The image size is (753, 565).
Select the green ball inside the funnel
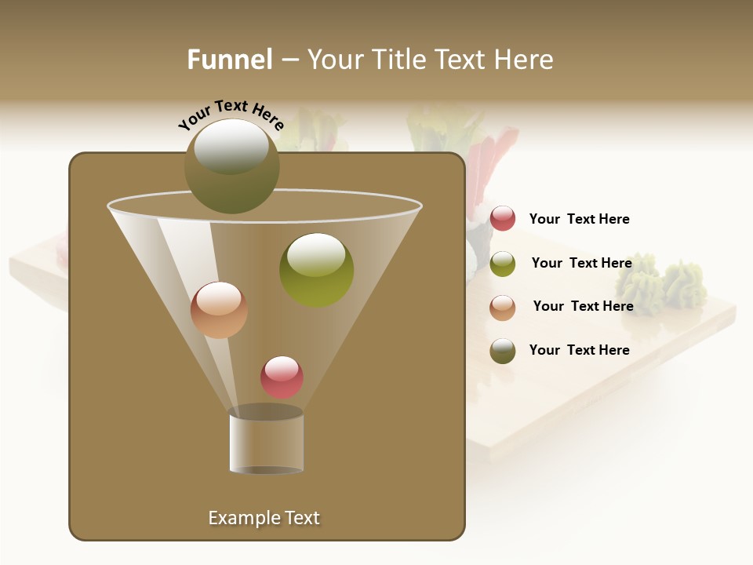pyautogui.click(x=316, y=270)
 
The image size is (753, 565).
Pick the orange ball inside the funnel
pyautogui.click(x=219, y=310)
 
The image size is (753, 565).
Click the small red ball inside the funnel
pyautogui.click(x=282, y=377)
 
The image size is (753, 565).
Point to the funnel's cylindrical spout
pyautogui.click(x=266, y=439)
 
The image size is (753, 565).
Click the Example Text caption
pyautogui.click(x=264, y=518)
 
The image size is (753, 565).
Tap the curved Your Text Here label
pyautogui.click(x=231, y=115)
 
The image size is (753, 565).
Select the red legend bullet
pyautogui.click(x=503, y=219)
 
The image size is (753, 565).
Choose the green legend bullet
pyautogui.click(x=503, y=264)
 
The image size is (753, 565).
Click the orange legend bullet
pyautogui.click(x=503, y=308)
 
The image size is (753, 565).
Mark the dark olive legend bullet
pyautogui.click(x=503, y=351)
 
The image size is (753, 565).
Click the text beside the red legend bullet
pyautogui.click(x=579, y=219)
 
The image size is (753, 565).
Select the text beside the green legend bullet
pyautogui.click(x=581, y=263)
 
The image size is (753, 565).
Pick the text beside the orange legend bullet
pyautogui.click(x=583, y=306)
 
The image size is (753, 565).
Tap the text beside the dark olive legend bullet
pyautogui.click(x=579, y=350)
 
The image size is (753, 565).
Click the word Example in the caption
pyautogui.click(x=242, y=518)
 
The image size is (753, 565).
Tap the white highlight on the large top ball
pyautogui.click(x=231, y=146)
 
